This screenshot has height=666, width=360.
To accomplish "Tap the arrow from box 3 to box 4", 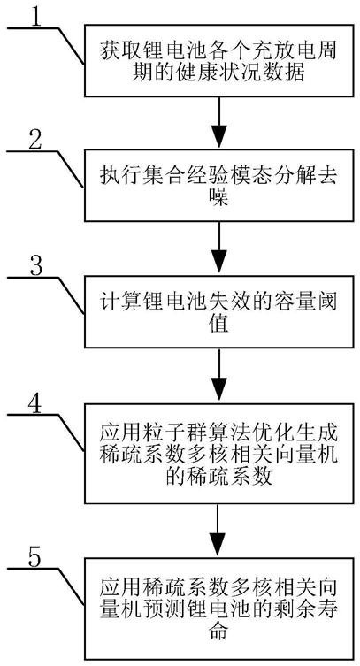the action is [219, 375].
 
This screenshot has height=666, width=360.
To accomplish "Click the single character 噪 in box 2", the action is [219, 197].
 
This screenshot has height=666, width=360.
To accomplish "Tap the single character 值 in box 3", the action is [219, 324].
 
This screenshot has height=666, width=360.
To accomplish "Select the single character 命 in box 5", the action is [219, 632].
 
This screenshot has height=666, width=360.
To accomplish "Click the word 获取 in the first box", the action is [120, 53].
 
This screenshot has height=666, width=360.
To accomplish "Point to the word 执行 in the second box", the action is [120, 177].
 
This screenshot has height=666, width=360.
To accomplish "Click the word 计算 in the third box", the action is [120, 303].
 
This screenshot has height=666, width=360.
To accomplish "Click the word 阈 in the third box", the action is [328, 303].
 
